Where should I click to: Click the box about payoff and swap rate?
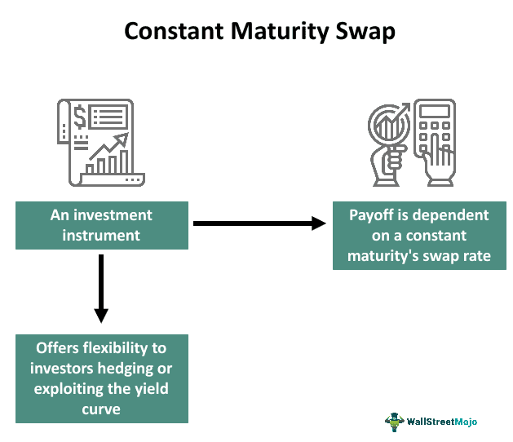(419, 236)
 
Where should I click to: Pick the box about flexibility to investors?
(102, 378)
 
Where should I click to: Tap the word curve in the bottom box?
(102, 409)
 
